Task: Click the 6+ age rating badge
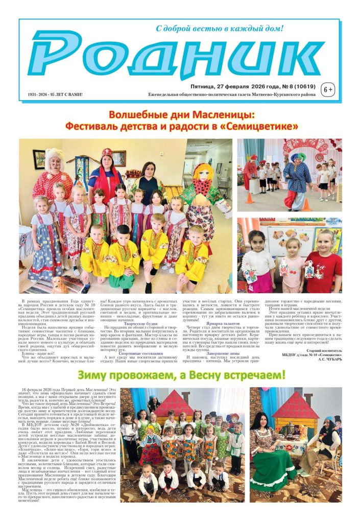(327, 90)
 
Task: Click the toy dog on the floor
(60, 282)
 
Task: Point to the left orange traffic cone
(249, 198)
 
